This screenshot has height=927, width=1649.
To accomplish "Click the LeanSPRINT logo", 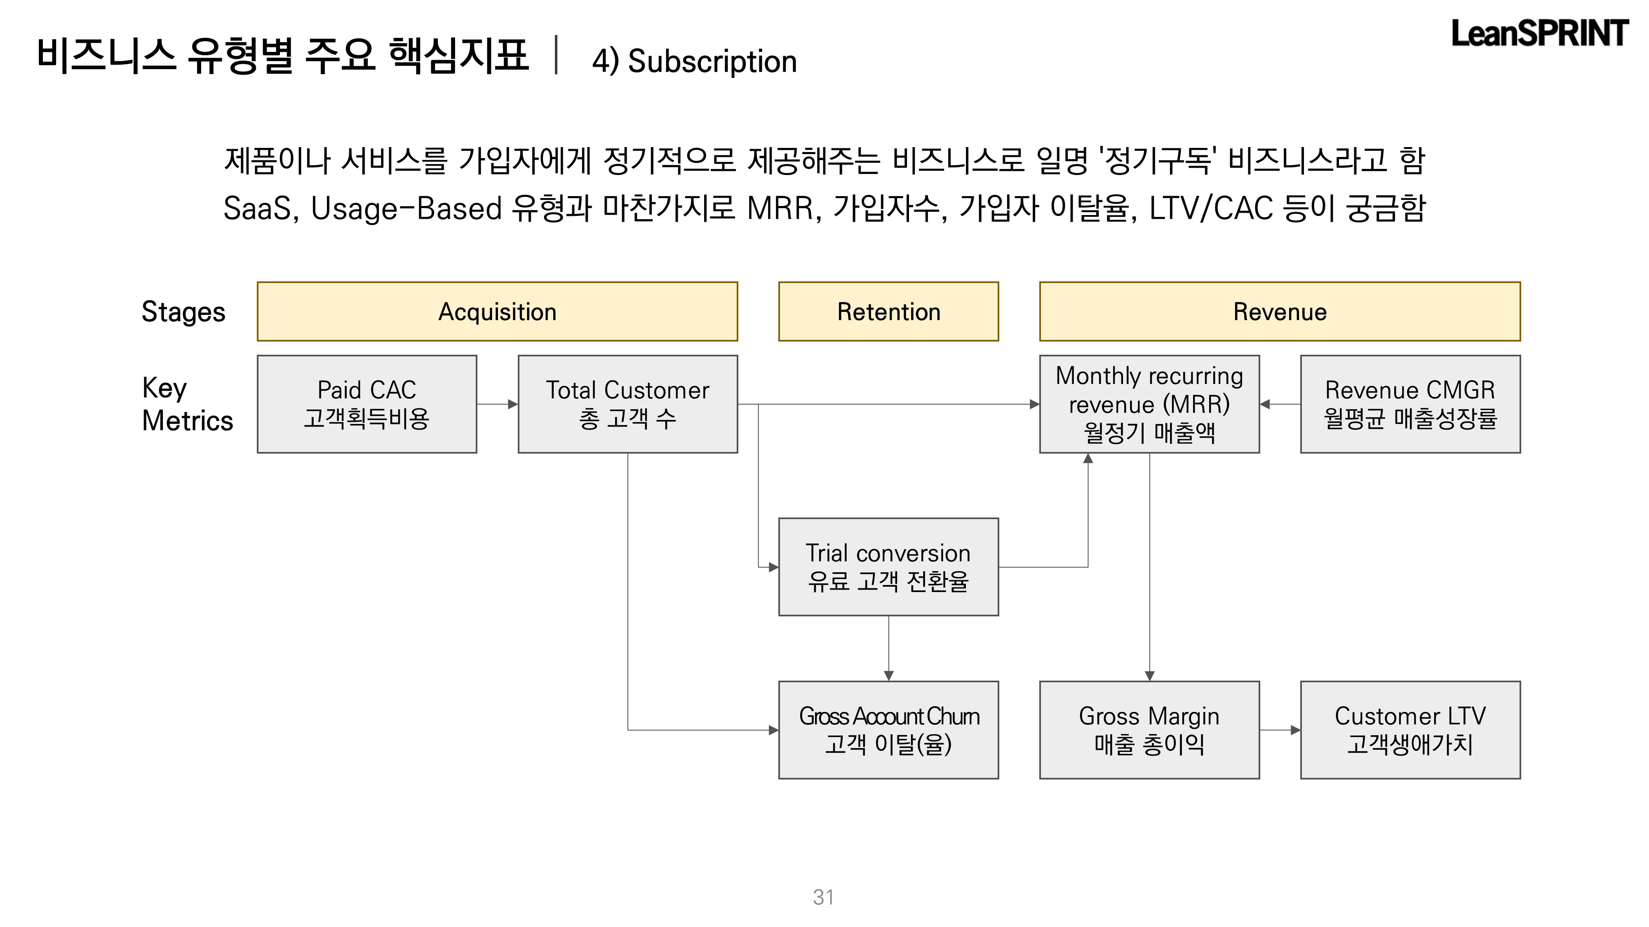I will [1539, 33].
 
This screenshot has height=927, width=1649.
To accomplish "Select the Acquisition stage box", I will [498, 311].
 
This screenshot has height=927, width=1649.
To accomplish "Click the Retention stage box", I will [888, 311].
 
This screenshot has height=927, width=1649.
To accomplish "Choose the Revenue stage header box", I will [1280, 311].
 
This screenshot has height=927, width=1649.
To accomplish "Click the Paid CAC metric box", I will [367, 404].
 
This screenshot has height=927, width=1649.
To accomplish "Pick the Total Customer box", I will [627, 404].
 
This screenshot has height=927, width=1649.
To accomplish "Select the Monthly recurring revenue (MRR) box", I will [1149, 404].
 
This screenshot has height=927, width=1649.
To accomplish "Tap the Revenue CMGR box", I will [1410, 404].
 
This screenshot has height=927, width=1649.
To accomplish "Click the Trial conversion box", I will [888, 567].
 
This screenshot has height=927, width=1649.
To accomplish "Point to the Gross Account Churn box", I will [888, 730].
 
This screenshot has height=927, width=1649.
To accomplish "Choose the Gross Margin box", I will [1149, 730].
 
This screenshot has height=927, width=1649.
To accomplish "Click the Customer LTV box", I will [1410, 730].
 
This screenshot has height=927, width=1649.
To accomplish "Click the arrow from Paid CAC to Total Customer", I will [498, 404].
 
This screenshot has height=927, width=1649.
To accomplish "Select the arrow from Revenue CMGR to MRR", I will [1280, 404].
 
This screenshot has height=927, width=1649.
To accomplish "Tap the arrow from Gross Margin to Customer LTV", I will [1280, 730].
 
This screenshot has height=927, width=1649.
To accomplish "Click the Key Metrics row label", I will [187, 404].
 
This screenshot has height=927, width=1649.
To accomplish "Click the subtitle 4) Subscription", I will [695, 61].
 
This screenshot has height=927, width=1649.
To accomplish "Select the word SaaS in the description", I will [257, 208].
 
